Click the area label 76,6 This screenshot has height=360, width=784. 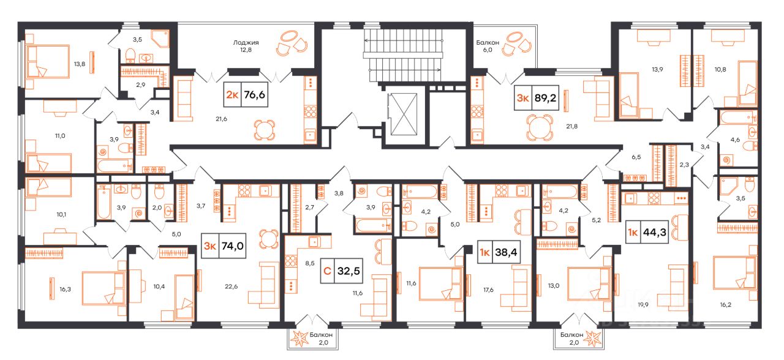254,94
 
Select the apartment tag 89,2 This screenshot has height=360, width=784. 545,97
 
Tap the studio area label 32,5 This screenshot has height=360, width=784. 349,271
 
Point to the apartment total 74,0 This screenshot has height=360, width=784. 232,246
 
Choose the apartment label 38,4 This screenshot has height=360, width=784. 506,252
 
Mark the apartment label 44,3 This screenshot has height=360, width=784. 654,232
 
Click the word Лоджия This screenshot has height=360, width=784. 246,43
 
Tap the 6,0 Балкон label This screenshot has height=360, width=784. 487,46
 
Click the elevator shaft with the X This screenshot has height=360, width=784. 404,114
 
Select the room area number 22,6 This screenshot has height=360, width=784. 231,287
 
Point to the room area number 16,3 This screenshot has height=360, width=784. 65,290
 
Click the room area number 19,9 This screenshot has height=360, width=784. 643,305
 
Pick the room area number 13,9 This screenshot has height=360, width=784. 657,69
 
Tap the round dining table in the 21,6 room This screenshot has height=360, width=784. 264,130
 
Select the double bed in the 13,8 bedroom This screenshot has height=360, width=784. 48,62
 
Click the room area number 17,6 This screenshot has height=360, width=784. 488,290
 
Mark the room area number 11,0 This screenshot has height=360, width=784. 60,136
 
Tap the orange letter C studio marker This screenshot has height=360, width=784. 328,271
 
